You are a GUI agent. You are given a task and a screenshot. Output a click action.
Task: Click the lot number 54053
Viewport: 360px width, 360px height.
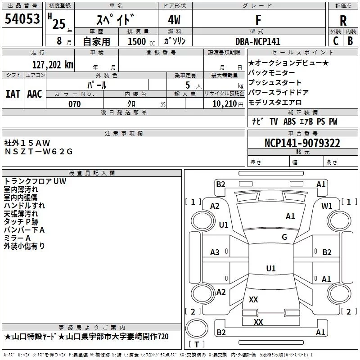pos(22,19)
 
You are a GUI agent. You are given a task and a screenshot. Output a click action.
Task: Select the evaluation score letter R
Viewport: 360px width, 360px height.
pos(343,21)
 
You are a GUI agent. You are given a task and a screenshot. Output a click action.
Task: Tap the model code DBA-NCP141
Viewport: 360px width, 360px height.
pos(258,41)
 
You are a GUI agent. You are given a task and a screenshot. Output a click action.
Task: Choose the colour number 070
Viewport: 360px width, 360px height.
pos(74,104)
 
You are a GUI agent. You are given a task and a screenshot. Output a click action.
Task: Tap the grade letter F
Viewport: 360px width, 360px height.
pos(258,20)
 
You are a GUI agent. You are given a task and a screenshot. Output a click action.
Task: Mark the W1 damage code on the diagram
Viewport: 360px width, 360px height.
pos(327,206)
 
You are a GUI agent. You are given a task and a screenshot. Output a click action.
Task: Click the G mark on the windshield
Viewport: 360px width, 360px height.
pos(284,237)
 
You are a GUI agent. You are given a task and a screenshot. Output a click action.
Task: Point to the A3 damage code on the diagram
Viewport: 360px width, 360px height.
pos(215,252)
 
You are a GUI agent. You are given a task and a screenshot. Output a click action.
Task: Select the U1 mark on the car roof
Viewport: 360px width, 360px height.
pos(271,269)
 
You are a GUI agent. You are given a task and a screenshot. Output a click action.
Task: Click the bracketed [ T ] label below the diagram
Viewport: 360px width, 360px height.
pos(197,345)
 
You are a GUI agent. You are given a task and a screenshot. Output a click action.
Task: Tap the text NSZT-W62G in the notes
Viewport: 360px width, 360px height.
pos(39,152)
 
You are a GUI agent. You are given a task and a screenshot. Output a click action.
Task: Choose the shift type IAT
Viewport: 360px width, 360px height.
pos(13,94)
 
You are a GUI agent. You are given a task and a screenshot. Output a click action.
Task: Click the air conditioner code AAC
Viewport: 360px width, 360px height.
pos(35,94)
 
